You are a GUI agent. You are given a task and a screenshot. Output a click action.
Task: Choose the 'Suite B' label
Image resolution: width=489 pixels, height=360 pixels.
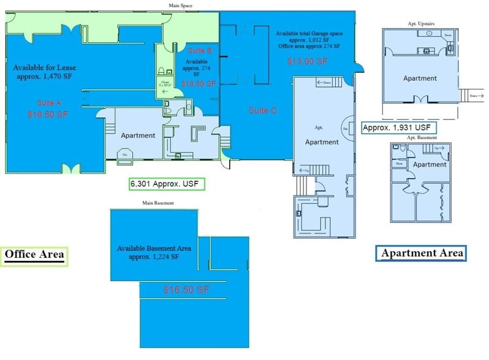[x=200, y=50]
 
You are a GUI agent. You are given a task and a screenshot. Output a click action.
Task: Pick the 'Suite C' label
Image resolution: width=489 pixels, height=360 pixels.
[x=263, y=111]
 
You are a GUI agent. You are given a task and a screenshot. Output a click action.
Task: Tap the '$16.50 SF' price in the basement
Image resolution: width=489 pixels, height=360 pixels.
[x=187, y=289]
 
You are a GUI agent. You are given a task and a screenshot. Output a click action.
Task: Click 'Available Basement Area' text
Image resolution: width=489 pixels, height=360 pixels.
[x=154, y=249]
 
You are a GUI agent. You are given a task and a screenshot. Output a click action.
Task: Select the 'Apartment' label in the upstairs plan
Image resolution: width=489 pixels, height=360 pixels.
[x=420, y=78]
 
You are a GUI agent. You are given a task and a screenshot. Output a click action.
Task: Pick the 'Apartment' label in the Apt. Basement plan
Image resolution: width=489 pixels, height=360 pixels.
[x=430, y=165]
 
